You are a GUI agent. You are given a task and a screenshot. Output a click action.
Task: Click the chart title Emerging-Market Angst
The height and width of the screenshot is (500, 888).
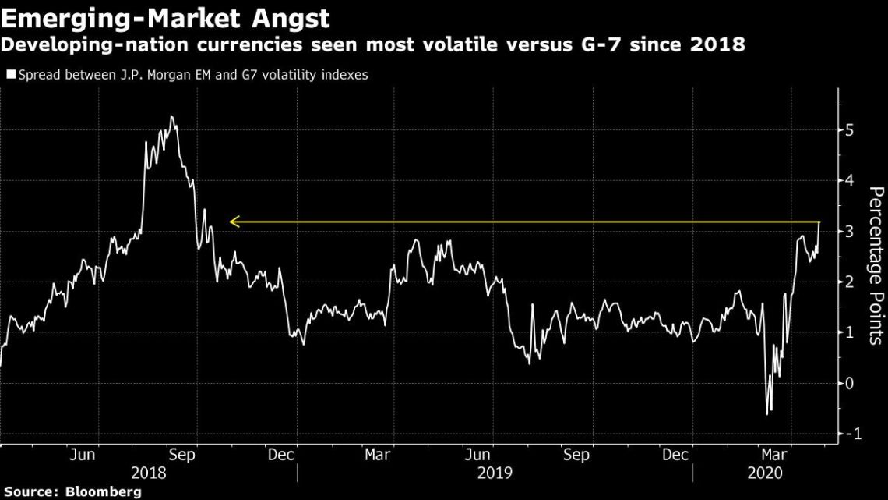[165, 16]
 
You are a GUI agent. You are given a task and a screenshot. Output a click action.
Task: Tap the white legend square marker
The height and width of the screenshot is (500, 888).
[10, 76]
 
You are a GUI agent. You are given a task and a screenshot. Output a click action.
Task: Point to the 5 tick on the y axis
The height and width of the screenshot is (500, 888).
[850, 129]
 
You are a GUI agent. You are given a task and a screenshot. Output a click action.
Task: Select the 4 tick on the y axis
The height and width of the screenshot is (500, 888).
[850, 180]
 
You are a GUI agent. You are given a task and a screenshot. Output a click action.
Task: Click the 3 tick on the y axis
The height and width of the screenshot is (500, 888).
[850, 232]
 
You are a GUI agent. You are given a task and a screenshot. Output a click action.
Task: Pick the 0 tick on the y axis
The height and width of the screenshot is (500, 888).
[850, 383]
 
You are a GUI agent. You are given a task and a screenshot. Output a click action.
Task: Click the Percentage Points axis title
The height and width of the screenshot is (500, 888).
[876, 265]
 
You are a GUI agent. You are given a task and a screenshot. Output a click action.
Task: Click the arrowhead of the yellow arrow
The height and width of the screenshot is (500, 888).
[233, 222]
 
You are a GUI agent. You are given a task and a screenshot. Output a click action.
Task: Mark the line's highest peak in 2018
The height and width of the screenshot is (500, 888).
[171, 118]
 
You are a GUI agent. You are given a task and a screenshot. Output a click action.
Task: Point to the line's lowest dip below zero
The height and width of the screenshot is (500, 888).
[766, 414]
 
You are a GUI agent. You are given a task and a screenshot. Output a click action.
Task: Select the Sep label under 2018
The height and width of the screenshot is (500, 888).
[182, 455]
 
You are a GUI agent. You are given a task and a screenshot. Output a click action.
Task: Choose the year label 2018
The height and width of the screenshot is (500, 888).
[148, 473]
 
